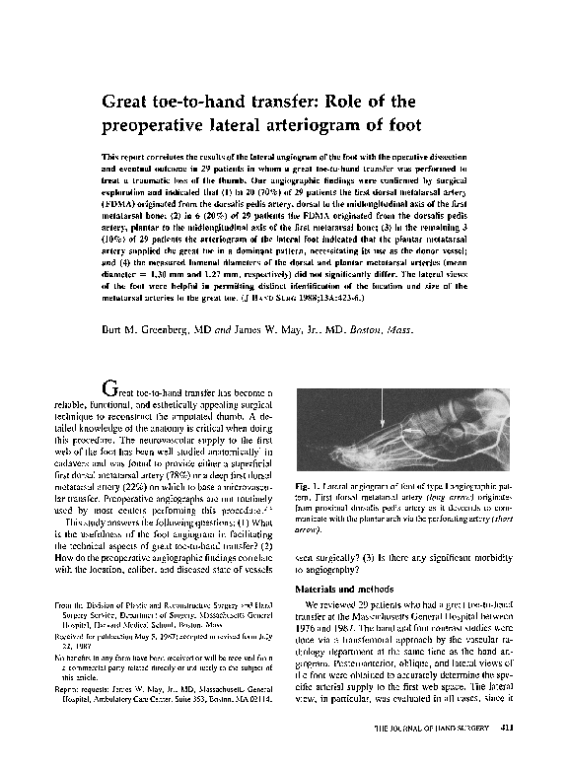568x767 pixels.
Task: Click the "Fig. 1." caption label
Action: point(308,486)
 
